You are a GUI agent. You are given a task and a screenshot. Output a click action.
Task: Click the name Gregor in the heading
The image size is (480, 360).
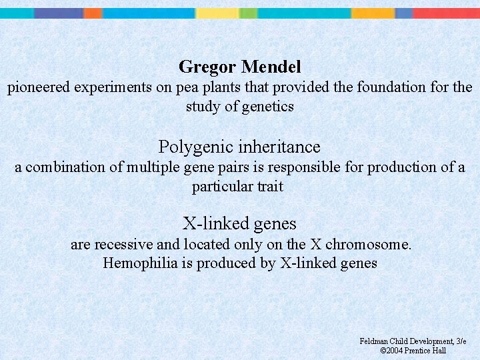207,67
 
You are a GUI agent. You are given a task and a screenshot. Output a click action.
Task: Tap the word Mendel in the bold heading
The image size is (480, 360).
271,67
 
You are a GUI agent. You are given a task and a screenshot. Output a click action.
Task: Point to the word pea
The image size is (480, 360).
185,87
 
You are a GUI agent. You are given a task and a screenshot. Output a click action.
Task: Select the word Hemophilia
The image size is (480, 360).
140,263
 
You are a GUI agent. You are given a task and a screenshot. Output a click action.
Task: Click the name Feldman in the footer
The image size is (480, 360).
374,341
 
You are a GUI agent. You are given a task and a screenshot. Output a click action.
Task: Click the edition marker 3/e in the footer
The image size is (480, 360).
461,341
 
